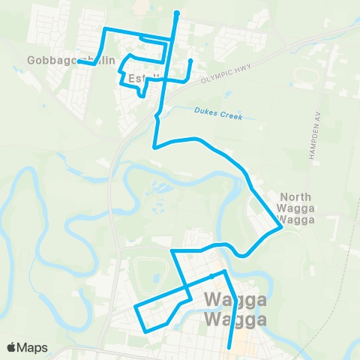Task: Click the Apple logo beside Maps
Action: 13,347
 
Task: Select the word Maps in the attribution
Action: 33,347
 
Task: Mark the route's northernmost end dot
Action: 176,13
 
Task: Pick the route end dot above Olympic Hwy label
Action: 190,61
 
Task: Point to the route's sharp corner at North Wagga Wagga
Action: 280,229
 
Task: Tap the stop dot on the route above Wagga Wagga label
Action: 212,277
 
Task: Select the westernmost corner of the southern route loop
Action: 134,307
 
